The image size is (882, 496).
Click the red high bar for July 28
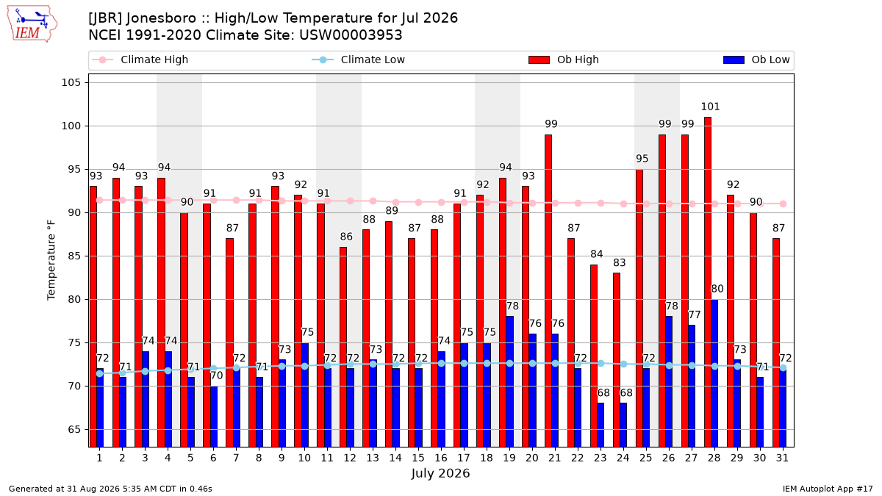(x=708, y=282)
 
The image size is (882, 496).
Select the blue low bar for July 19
(x=509, y=381)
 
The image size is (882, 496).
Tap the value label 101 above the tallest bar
(x=710, y=107)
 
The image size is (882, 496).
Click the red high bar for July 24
(x=617, y=360)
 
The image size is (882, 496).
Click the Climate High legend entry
(x=140, y=60)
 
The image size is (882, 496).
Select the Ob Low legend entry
(x=756, y=60)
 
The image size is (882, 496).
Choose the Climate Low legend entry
(x=359, y=60)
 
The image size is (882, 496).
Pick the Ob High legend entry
(x=564, y=60)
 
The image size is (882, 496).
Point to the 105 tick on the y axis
(x=71, y=82)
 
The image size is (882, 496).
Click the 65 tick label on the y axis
(x=74, y=429)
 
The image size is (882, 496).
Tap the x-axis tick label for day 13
(x=373, y=459)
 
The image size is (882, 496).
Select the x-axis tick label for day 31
(x=782, y=459)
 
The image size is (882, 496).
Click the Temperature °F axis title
(x=51, y=260)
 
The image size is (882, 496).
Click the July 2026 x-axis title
(x=440, y=473)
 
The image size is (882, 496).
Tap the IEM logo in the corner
(x=32, y=24)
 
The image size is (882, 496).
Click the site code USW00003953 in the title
(x=351, y=35)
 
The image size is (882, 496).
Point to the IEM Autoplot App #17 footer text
(x=828, y=489)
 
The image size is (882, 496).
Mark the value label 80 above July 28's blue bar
(x=717, y=289)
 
